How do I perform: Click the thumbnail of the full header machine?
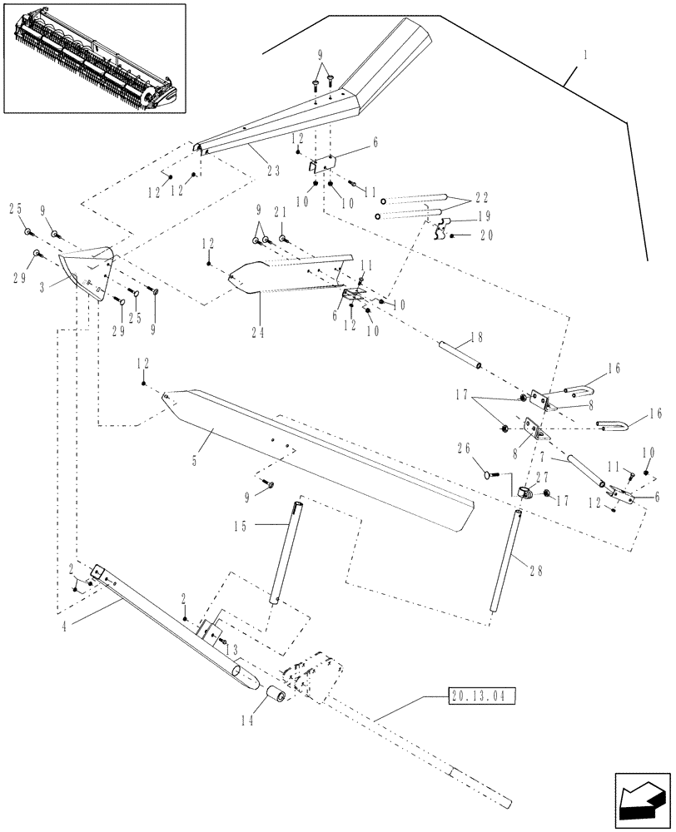click(x=94, y=57)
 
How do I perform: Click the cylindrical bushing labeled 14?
click(x=276, y=696)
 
